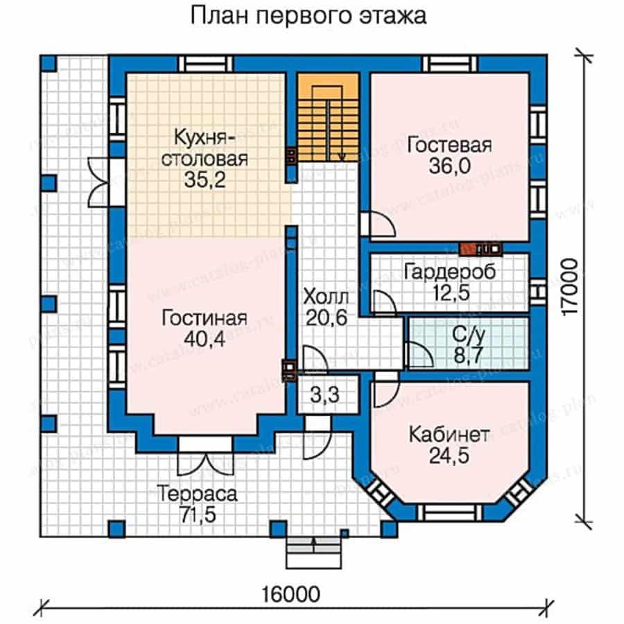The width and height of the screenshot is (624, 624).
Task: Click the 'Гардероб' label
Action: pyautogui.click(x=449, y=272)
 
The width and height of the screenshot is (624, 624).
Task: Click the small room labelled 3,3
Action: pyautogui.click(x=327, y=397)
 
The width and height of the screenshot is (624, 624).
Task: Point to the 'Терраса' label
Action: pyautogui.click(x=197, y=495)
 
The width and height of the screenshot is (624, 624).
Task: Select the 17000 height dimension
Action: pyautogui.click(x=570, y=287)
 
